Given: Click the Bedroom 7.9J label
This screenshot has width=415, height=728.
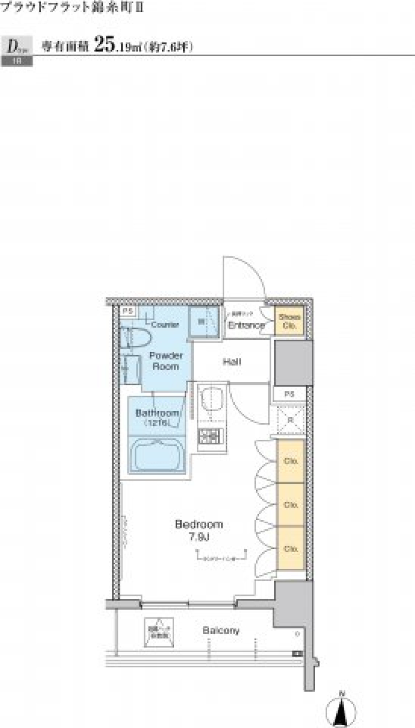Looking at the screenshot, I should click(198, 531).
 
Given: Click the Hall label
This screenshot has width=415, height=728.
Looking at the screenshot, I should click(232, 361).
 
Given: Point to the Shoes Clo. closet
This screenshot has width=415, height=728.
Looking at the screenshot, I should click(289, 321).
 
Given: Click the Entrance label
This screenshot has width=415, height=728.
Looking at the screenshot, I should click(246, 325).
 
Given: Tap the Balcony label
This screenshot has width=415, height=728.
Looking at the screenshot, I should click(220, 631).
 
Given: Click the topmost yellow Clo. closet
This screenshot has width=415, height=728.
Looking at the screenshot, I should click(291, 461).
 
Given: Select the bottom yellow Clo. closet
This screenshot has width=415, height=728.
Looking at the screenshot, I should click(291, 548).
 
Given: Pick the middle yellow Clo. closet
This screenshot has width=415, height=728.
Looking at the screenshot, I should click(291, 505).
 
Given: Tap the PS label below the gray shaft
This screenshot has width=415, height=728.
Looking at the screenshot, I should click(289, 394).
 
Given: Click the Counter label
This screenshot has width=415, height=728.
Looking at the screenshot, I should click(165, 325).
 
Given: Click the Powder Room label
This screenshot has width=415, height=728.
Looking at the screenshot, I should click(166, 361).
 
